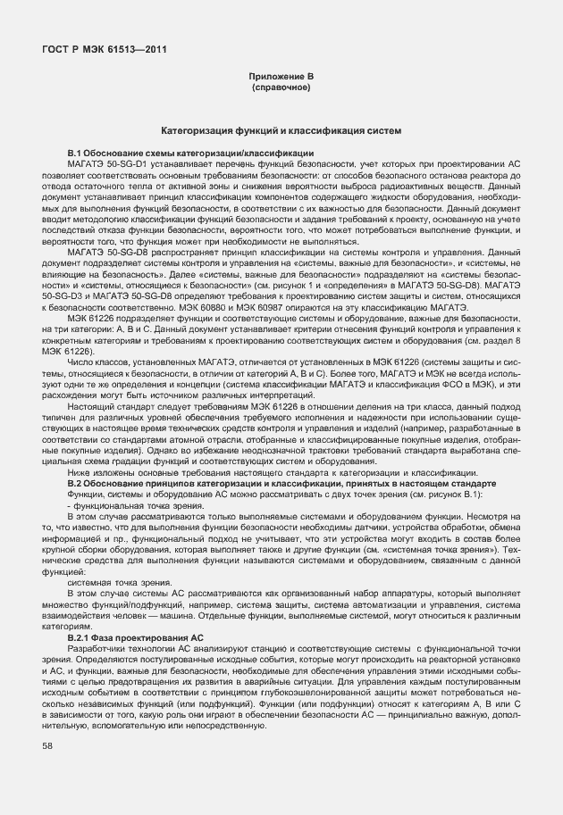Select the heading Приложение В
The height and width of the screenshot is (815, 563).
pos(281,79)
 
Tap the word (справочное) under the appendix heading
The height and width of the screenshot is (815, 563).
pos(281,88)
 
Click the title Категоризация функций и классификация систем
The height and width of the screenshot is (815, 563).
pos(281,131)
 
